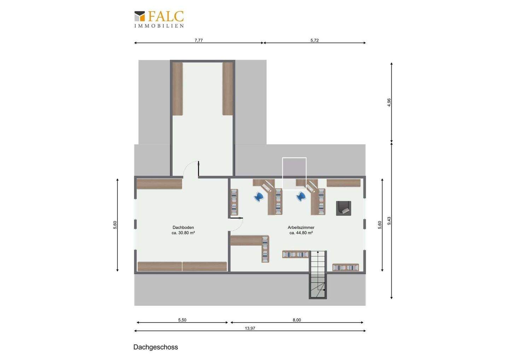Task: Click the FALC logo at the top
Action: (x=159, y=19)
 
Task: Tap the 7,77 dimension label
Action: (x=199, y=40)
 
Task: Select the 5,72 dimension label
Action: (x=315, y=40)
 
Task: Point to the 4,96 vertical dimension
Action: (x=389, y=103)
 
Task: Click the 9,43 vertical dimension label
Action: (x=389, y=221)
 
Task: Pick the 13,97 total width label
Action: (x=250, y=328)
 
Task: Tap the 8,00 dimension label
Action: (x=297, y=320)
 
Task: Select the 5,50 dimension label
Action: (x=182, y=320)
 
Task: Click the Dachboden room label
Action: (x=183, y=227)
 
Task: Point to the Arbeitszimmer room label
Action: (x=301, y=227)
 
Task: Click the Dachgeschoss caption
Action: (x=156, y=347)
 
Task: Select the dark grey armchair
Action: (x=344, y=208)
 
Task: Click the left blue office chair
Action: (x=259, y=197)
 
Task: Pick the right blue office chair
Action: (x=302, y=197)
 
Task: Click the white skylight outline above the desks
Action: (x=294, y=173)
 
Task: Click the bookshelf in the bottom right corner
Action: (x=346, y=267)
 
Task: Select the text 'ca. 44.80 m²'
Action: (x=301, y=233)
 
